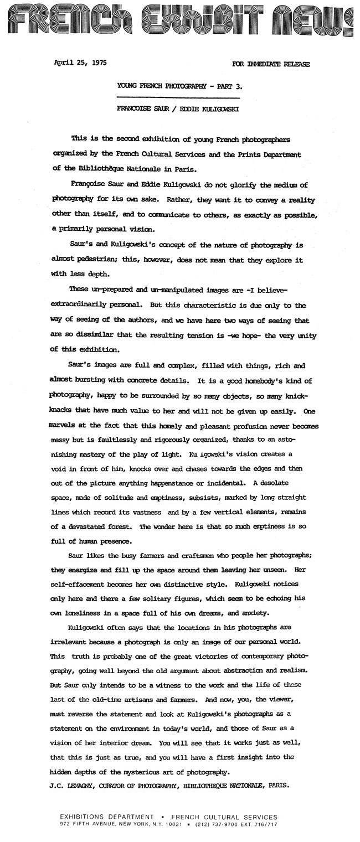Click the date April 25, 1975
pos(74,64)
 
